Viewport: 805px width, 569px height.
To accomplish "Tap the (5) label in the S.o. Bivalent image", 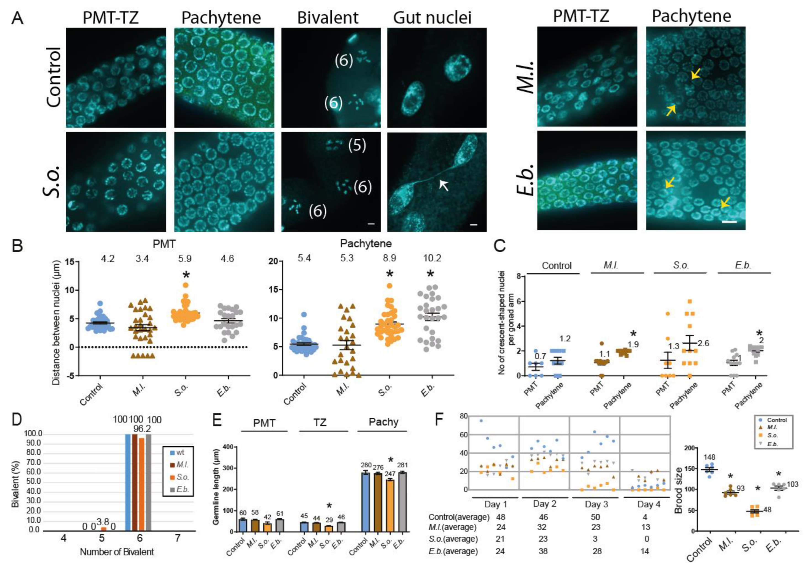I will [x=357, y=145].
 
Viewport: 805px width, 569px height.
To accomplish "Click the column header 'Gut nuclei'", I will [x=432, y=17].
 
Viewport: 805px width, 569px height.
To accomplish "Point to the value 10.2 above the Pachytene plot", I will [x=432, y=258].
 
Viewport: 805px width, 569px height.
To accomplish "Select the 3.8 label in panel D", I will [x=104, y=521].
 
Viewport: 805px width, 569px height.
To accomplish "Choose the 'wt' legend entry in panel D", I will [x=180, y=453].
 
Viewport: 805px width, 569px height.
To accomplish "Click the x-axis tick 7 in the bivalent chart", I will [x=178, y=538].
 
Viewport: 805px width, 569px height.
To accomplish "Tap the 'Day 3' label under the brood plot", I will [x=597, y=504].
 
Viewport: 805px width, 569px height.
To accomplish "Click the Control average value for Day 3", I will [x=595, y=517].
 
